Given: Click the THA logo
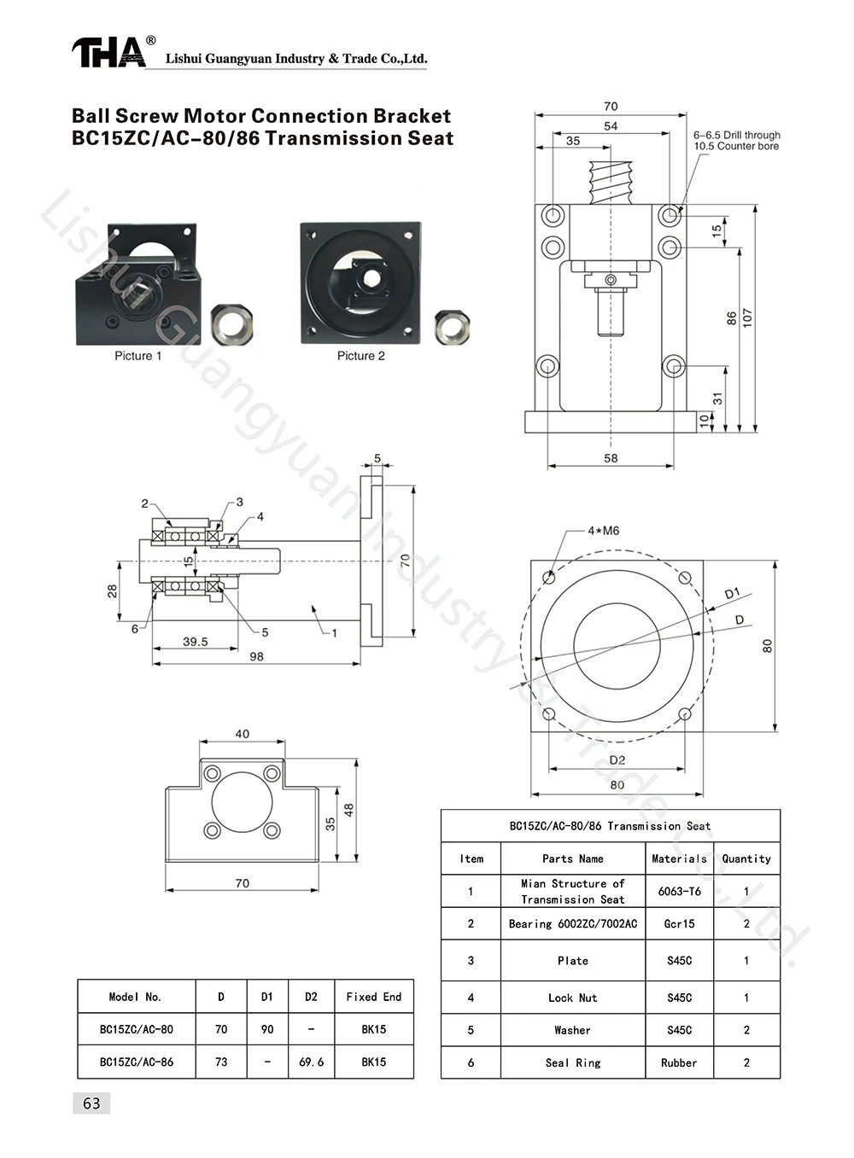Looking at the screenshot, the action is [x=109, y=52].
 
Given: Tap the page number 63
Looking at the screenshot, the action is [x=91, y=1103].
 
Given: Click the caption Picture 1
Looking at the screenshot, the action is [x=138, y=356].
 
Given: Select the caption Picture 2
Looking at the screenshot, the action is [x=361, y=356].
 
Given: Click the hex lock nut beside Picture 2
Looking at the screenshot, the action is [x=452, y=326].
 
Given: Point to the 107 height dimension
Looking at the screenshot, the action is [x=747, y=318].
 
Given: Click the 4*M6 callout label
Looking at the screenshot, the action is [x=603, y=531].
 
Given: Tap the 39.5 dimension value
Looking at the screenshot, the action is [x=196, y=642].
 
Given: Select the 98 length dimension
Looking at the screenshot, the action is [x=256, y=656].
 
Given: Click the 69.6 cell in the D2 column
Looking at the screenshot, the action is [x=312, y=1062].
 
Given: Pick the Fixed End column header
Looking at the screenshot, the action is [x=374, y=997].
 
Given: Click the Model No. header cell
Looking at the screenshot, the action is [x=135, y=997].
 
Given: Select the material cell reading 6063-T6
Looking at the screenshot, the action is [x=680, y=891].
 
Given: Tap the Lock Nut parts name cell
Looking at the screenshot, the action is [x=573, y=998].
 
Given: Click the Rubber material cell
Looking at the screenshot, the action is [x=679, y=1063].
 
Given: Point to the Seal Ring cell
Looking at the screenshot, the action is [x=573, y=1063].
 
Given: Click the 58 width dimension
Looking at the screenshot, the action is [x=611, y=458].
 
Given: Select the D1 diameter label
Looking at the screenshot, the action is [x=733, y=593].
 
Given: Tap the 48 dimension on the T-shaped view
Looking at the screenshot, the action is [x=349, y=810].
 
